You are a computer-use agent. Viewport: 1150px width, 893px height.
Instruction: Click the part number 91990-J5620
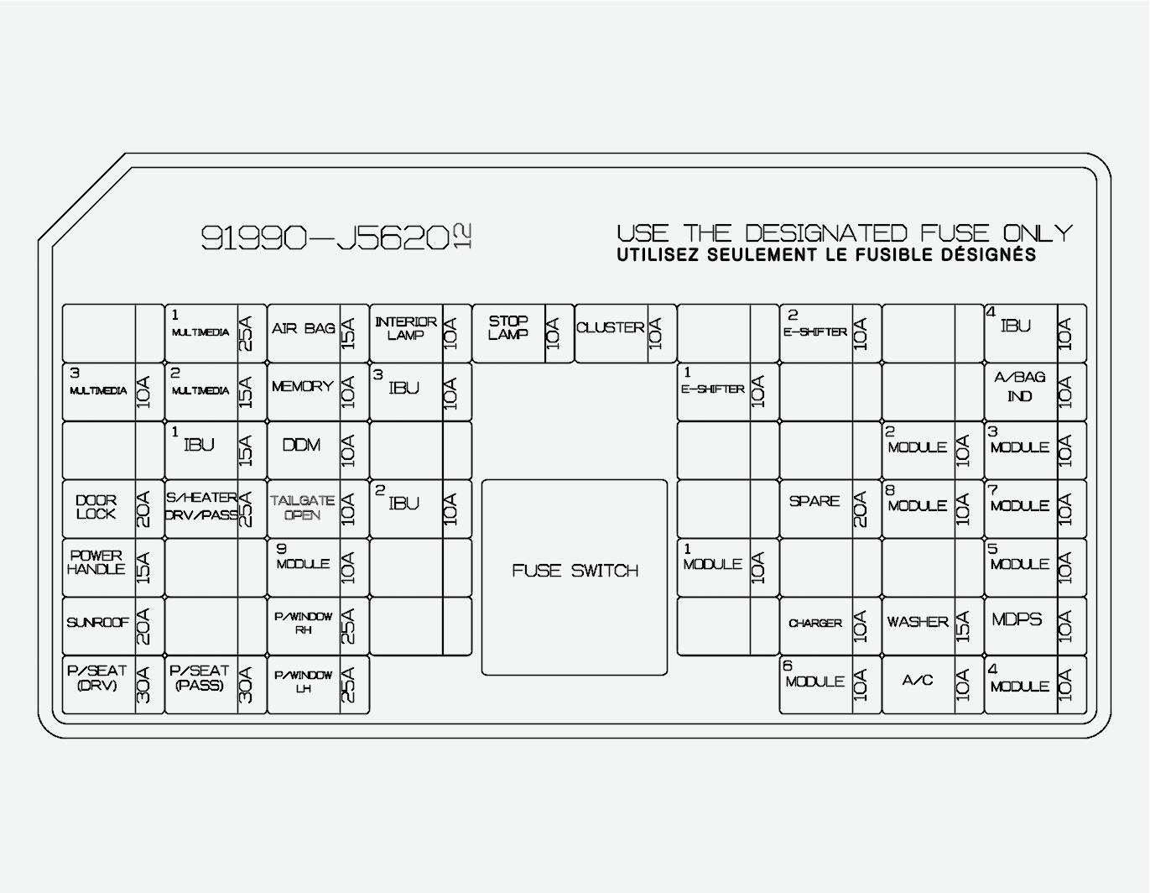(x=325, y=238)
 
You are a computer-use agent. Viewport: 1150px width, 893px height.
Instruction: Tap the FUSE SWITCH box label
(x=575, y=571)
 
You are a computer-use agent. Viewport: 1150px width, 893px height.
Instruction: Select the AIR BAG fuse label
(x=303, y=328)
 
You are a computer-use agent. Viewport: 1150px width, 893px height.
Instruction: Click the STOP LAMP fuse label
(x=508, y=327)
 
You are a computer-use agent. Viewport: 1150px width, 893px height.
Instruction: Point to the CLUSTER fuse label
(x=611, y=327)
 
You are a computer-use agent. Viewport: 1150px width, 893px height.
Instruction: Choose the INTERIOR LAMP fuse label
(x=405, y=328)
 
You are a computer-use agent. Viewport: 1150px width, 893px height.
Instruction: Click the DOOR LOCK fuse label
(x=96, y=507)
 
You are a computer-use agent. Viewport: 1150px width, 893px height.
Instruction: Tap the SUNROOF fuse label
(x=97, y=623)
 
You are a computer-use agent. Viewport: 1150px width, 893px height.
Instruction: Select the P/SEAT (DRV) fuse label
(x=96, y=678)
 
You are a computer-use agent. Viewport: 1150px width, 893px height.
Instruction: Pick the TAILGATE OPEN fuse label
(x=302, y=507)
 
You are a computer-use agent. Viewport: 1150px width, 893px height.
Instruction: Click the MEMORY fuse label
(x=302, y=387)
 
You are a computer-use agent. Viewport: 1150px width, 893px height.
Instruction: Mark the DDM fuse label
(x=301, y=445)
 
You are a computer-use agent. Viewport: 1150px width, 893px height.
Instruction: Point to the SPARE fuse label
(x=814, y=501)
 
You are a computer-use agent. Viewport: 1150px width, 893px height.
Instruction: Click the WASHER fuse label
(x=917, y=622)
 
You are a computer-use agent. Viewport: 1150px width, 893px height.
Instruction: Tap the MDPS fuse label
(x=1017, y=619)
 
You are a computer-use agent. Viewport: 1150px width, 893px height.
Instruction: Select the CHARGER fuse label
(x=814, y=623)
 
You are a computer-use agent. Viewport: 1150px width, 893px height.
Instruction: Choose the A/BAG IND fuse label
(x=1019, y=386)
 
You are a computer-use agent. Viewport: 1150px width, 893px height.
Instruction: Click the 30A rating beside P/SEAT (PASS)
(x=246, y=685)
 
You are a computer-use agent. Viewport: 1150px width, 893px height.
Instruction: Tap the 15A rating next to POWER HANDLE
(x=143, y=568)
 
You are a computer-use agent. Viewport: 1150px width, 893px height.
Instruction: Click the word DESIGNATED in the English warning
(x=826, y=232)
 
